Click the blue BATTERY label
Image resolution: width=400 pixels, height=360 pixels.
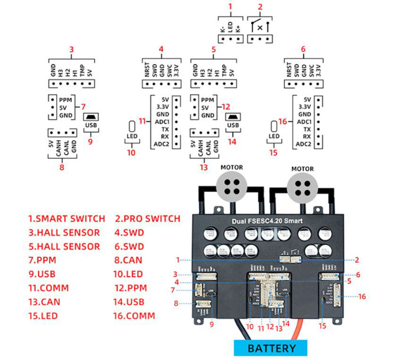tap(271, 349)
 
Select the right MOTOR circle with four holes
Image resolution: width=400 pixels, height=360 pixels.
tap(303, 186)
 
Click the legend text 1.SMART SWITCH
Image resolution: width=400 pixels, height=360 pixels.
tap(67, 219)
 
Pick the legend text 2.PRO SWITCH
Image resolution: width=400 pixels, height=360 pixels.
tap(148, 219)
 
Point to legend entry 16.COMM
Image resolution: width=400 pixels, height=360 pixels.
tap(134, 316)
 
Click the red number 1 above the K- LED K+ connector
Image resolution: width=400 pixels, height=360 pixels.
tap(230, 7)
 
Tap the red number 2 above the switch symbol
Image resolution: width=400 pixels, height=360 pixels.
tap(260, 7)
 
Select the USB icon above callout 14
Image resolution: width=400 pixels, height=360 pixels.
tap(232, 117)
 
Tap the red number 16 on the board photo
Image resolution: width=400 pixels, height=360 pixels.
tap(362, 297)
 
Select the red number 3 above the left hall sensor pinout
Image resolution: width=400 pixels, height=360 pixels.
tap(71, 49)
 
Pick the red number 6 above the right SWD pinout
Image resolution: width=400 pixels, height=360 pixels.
tap(303, 49)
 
